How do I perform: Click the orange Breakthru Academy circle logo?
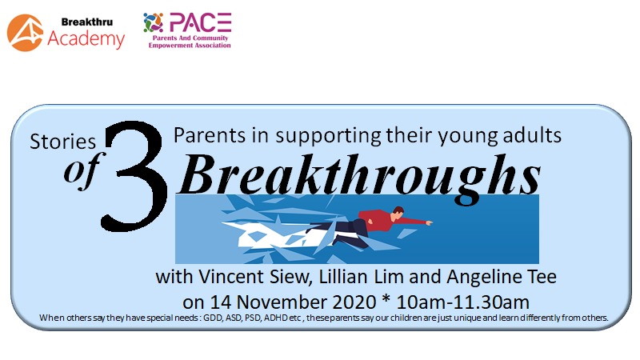[25, 33]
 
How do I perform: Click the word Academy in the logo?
[86, 39]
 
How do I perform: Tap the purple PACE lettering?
[201, 22]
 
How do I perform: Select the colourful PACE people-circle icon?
[154, 22]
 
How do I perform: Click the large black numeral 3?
[134, 176]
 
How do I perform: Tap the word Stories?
[63, 142]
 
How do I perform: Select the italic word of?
[83, 170]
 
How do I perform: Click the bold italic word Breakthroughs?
[360, 176]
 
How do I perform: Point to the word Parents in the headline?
[210, 135]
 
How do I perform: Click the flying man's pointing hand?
[429, 223]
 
